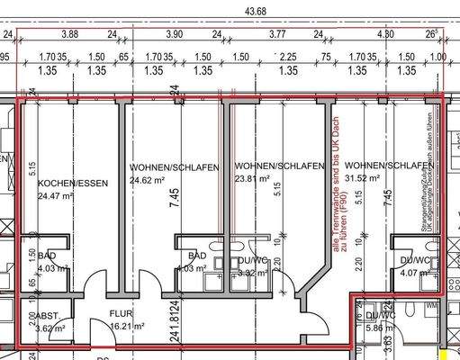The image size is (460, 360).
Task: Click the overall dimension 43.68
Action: click(231, 11)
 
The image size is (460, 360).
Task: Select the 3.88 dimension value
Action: click(69, 34)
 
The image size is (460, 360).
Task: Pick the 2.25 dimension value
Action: click(288, 55)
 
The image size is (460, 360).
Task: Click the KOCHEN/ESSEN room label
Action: click(73, 184)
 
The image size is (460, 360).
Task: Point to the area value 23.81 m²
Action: click(253, 179)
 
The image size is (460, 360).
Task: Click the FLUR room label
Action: click(121, 314)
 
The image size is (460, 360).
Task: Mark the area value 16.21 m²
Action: click(128, 328)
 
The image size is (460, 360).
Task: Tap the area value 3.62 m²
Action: click(50, 328)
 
